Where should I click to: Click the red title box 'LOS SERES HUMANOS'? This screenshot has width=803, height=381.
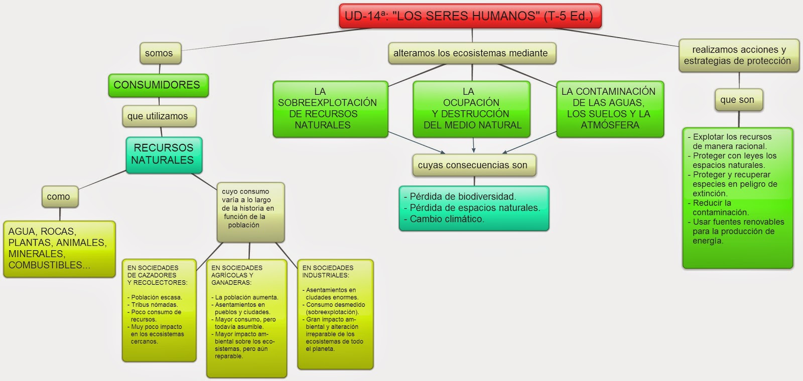pyautogui.click(x=470, y=16)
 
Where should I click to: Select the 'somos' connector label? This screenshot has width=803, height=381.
pyautogui.click(x=159, y=53)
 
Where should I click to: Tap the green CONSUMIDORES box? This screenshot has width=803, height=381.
pyautogui.click(x=157, y=85)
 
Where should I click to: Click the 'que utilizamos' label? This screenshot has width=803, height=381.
pyautogui.click(x=158, y=116)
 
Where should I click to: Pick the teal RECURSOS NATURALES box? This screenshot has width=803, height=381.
pyautogui.click(x=164, y=154)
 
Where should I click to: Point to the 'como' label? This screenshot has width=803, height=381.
pyautogui.click(x=59, y=197)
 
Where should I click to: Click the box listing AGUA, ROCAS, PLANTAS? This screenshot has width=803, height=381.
pyautogui.click(x=59, y=249)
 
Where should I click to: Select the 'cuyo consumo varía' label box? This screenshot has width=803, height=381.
pyautogui.click(x=249, y=211)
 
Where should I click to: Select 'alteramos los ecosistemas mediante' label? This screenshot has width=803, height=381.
pyautogui.click(x=471, y=53)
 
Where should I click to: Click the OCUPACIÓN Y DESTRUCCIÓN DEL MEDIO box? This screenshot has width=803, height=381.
pyautogui.click(x=471, y=109)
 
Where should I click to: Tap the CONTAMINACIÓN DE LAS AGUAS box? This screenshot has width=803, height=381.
pyautogui.click(x=609, y=109)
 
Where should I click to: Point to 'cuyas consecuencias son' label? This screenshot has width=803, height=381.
pyautogui.click(x=473, y=165)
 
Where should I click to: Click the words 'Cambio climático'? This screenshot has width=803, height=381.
pyautogui.click(x=447, y=219)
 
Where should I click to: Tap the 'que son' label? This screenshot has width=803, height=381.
pyautogui.click(x=737, y=100)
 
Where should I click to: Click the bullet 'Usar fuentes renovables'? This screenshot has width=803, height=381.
pyautogui.click(x=737, y=231)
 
